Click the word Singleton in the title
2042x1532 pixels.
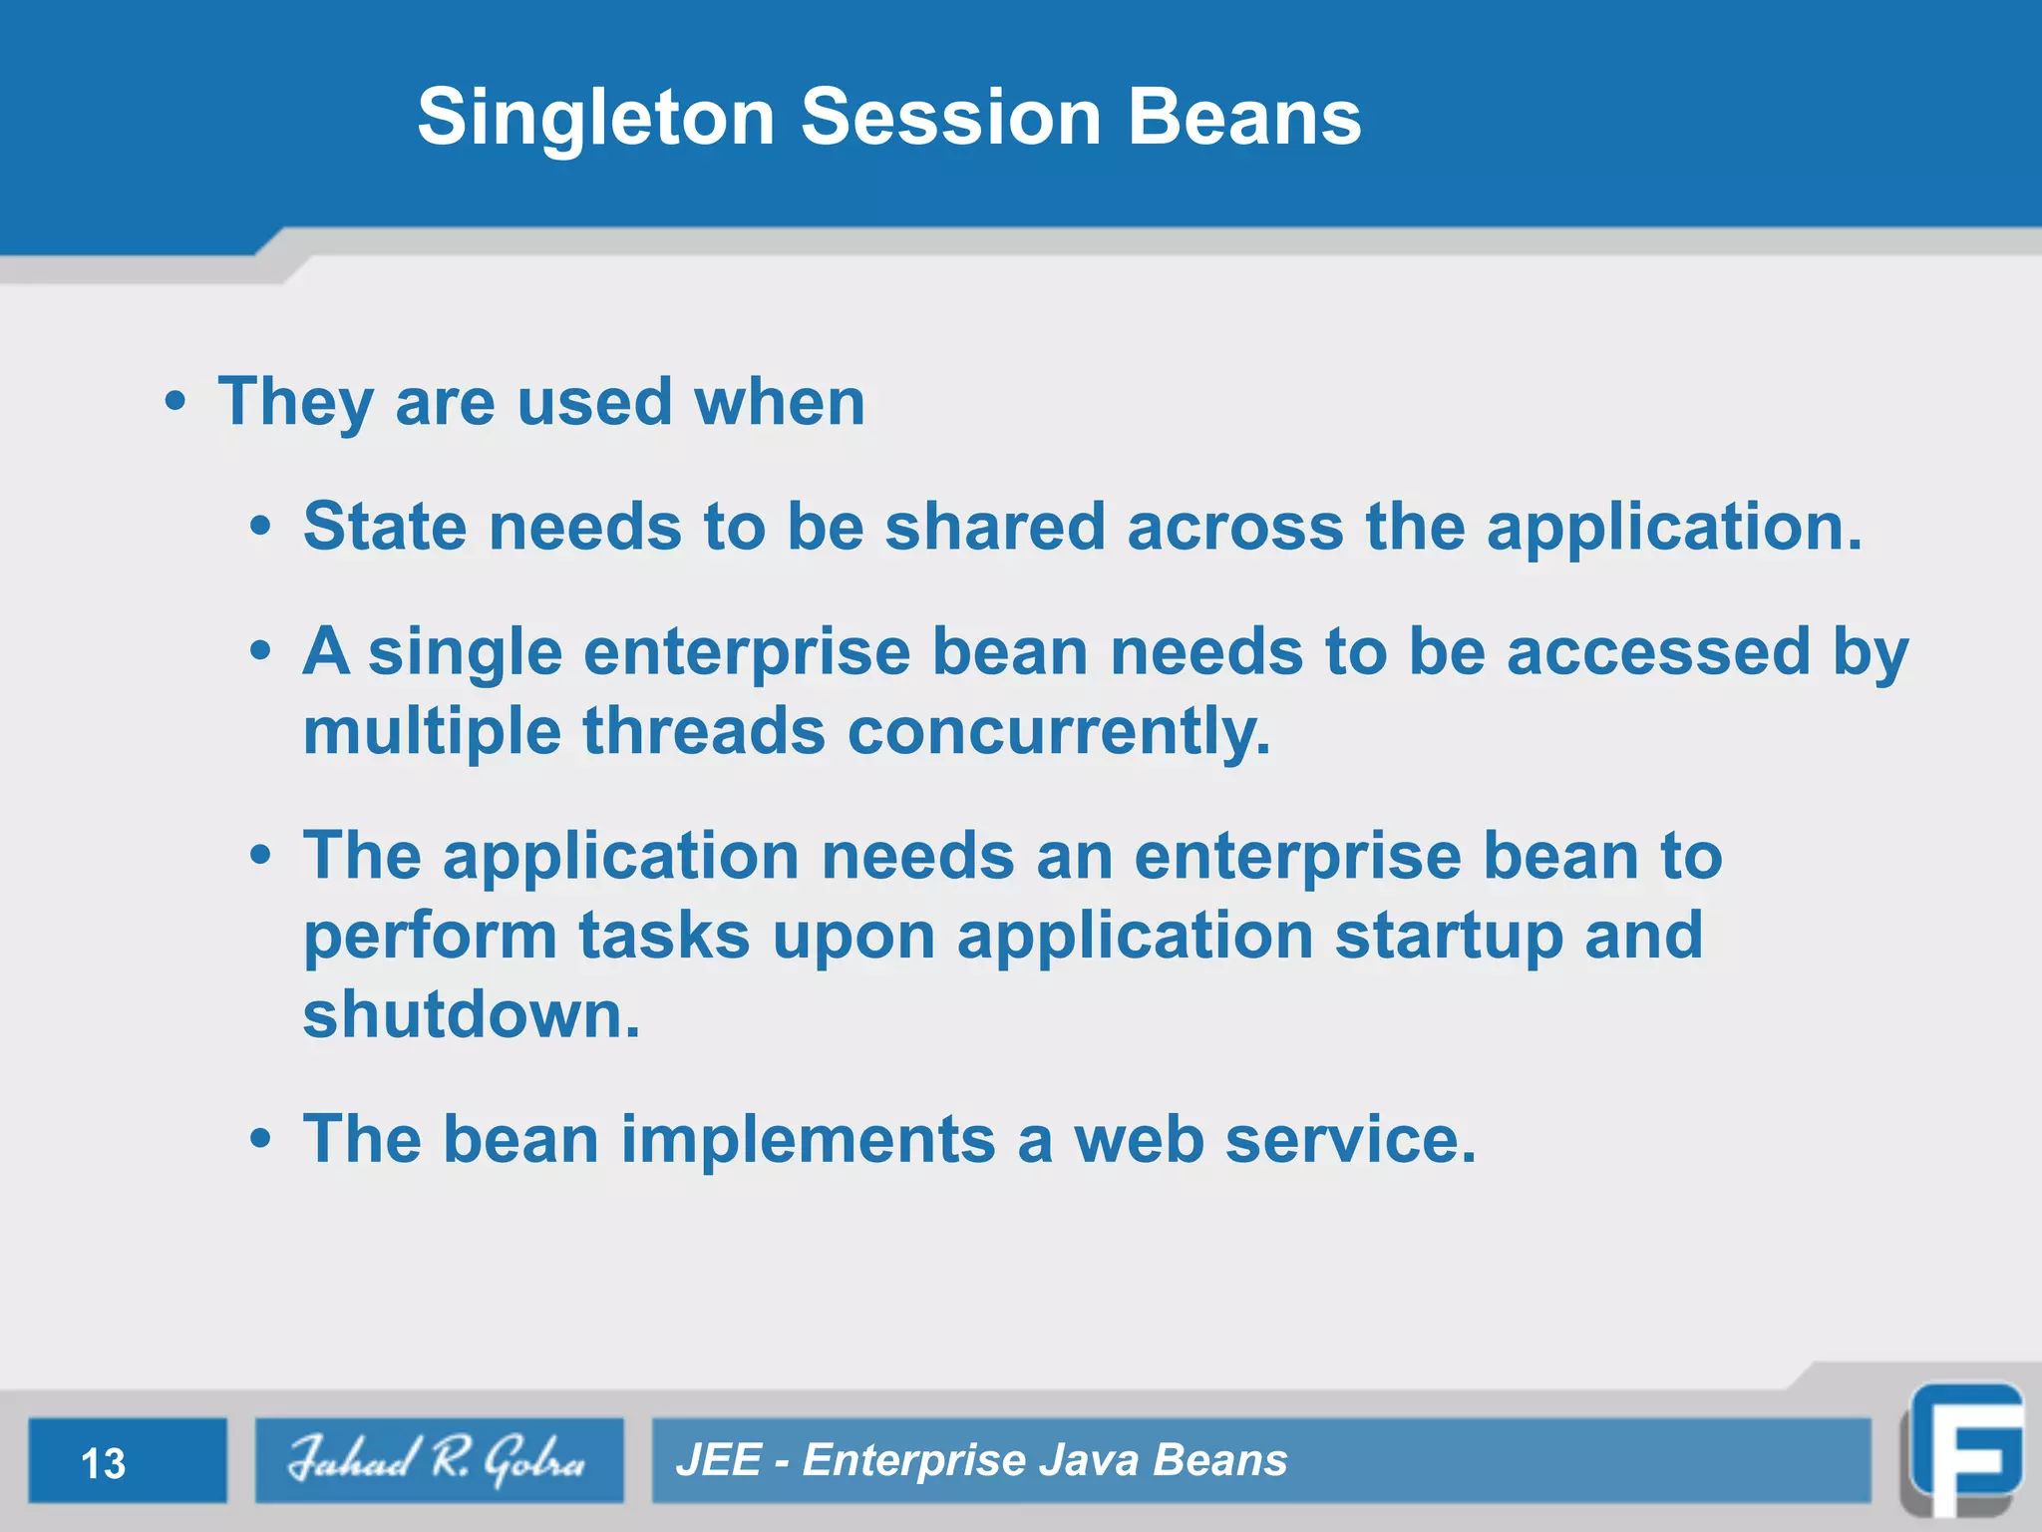pos(595,118)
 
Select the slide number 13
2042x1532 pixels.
pos(104,1463)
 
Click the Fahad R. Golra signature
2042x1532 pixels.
pos(438,1460)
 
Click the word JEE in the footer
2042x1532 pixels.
pos(718,1460)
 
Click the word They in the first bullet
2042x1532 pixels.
pos(295,403)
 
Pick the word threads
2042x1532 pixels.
pos(704,731)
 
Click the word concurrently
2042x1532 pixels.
pos(1059,731)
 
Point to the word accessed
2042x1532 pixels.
pos(1657,652)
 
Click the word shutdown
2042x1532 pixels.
pos(471,1014)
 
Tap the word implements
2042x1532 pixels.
pos(808,1139)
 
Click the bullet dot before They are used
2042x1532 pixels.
pos(175,402)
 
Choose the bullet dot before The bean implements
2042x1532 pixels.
pos(260,1138)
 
